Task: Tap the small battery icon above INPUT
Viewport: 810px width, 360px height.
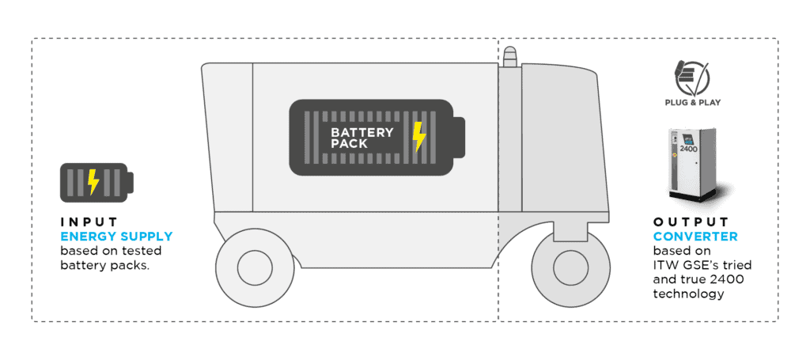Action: pyautogui.click(x=96, y=182)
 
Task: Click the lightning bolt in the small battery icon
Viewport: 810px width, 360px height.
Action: pyautogui.click(x=93, y=182)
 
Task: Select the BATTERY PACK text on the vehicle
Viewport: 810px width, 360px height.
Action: pyautogui.click(x=361, y=138)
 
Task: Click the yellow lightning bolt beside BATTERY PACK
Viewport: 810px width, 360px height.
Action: pyautogui.click(x=419, y=137)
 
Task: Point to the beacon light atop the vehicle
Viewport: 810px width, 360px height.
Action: pyautogui.click(x=510, y=57)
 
